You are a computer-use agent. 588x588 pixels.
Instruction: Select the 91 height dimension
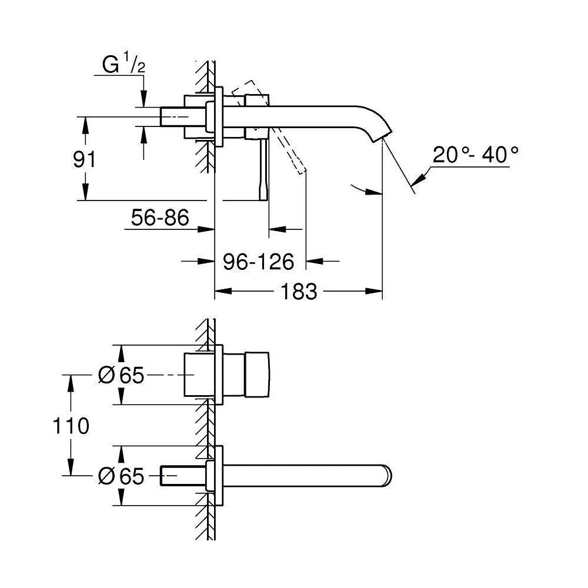[x=84, y=159]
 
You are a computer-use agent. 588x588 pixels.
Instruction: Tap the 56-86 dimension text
[x=160, y=218]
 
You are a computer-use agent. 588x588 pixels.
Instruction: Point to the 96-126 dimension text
[x=258, y=262]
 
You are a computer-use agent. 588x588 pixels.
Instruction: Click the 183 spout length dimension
[x=299, y=291]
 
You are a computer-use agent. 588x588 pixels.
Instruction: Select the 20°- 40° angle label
[x=476, y=156]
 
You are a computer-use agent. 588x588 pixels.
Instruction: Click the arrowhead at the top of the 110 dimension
[x=72, y=381]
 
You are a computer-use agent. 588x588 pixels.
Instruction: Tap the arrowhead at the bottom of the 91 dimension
[x=85, y=192]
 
